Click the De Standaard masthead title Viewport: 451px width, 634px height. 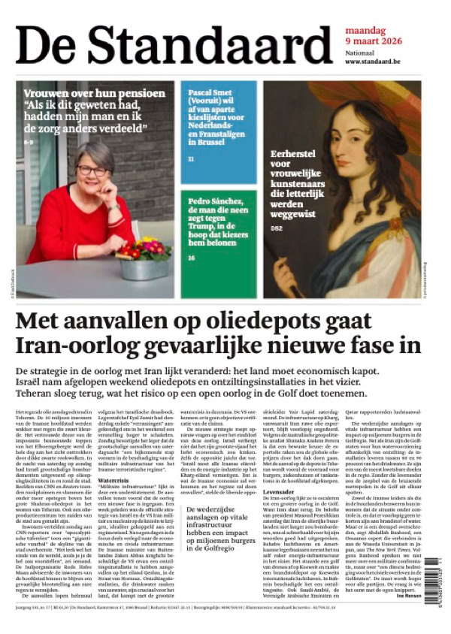[169, 45]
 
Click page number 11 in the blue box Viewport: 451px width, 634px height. [191, 159]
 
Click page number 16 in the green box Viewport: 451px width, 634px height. [192, 258]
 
